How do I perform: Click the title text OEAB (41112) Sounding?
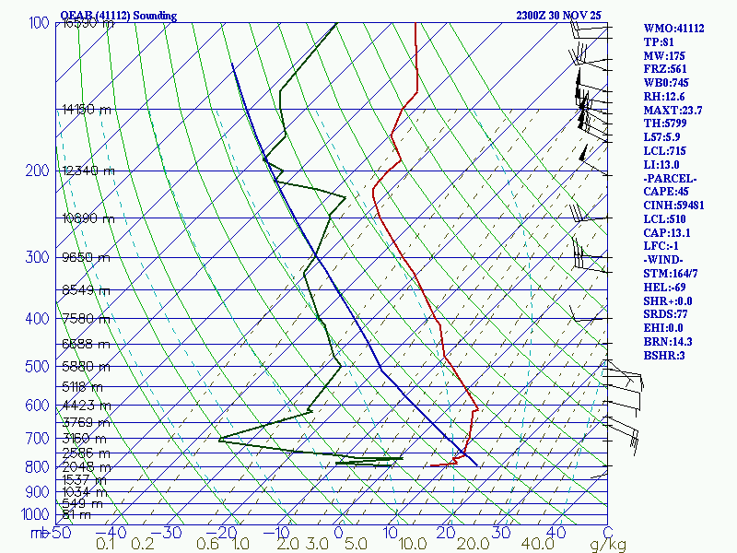point(118,16)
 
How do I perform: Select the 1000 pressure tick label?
point(35,514)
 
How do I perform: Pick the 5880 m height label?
point(84,366)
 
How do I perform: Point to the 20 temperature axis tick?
point(446,533)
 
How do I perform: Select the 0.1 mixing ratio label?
point(105,545)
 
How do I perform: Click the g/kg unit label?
point(608,545)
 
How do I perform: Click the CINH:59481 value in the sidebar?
point(674,205)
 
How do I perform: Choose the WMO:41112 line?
point(673,29)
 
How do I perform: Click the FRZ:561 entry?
point(665,69)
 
